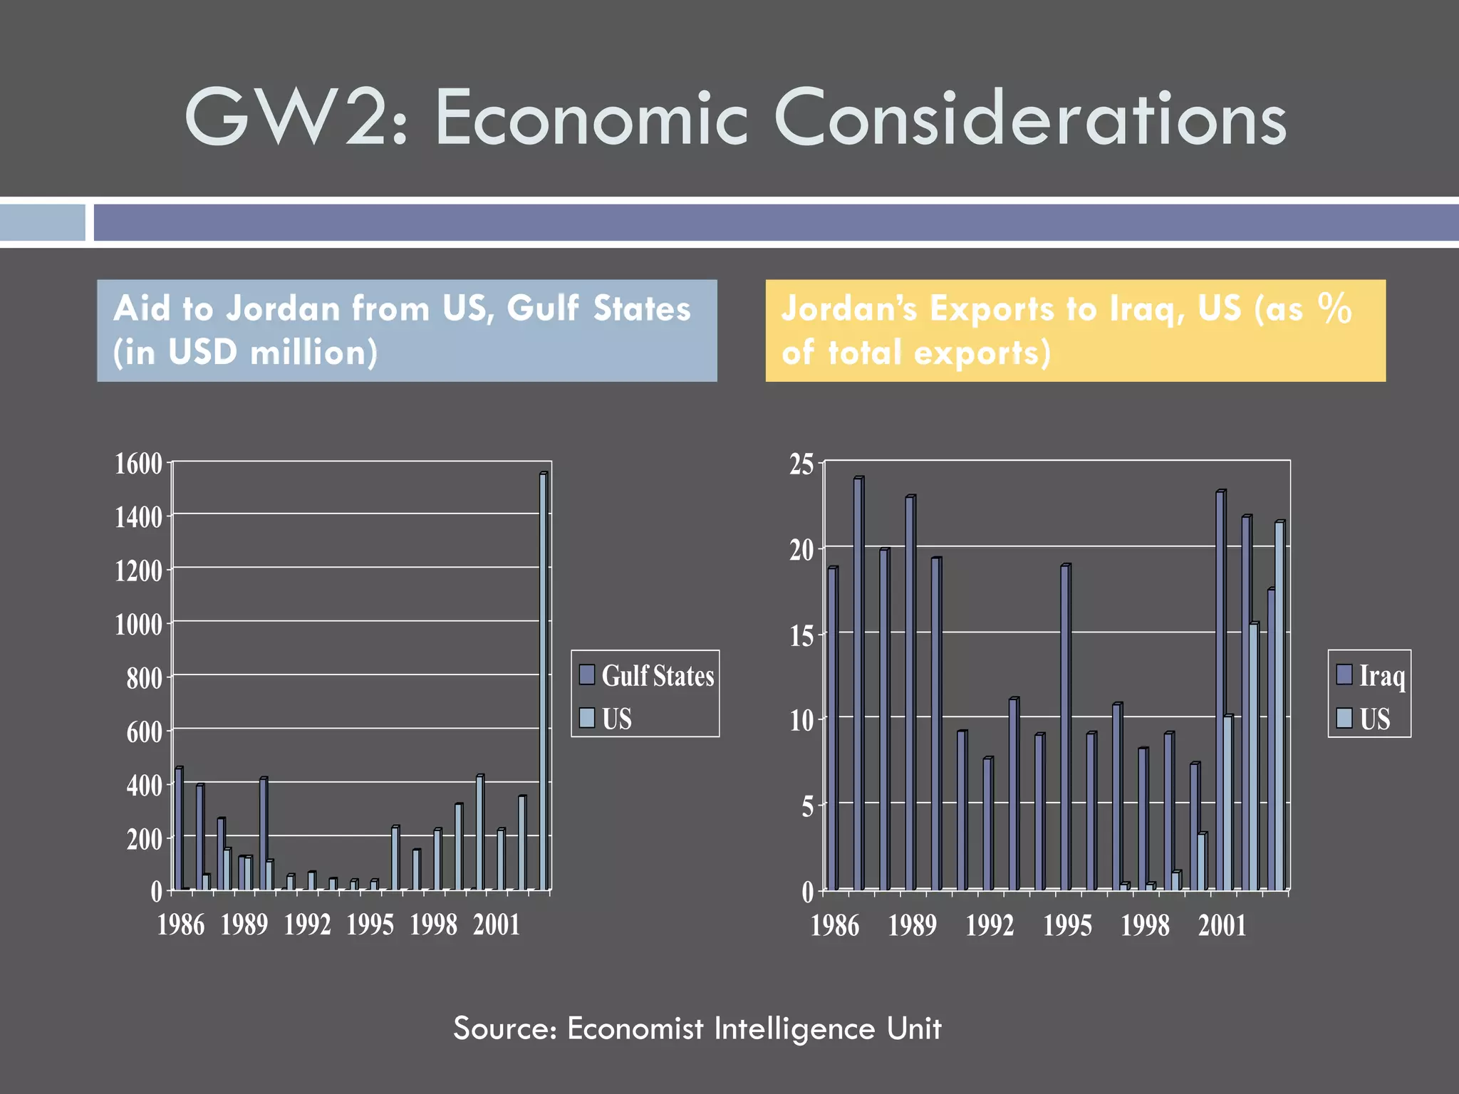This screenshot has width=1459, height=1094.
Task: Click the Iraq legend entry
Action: click(1371, 675)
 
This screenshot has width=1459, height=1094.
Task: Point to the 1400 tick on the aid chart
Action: click(139, 517)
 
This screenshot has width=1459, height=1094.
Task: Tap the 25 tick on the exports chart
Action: click(801, 464)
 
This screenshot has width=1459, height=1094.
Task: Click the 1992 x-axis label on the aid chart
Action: click(307, 924)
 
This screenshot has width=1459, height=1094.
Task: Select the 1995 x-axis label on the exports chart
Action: click(1067, 925)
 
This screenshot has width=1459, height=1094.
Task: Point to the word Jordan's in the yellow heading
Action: click(850, 309)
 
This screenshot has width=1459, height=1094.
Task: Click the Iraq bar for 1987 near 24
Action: click(858, 684)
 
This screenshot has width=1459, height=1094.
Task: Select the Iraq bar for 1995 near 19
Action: click(1064, 726)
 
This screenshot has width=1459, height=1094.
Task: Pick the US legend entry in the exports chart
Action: click(1364, 718)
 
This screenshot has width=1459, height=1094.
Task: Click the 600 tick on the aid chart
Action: click(145, 731)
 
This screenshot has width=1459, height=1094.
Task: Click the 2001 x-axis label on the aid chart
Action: click(497, 924)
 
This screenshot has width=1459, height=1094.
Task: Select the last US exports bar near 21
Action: click(1279, 705)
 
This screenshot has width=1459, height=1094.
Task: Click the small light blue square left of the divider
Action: click(42, 222)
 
